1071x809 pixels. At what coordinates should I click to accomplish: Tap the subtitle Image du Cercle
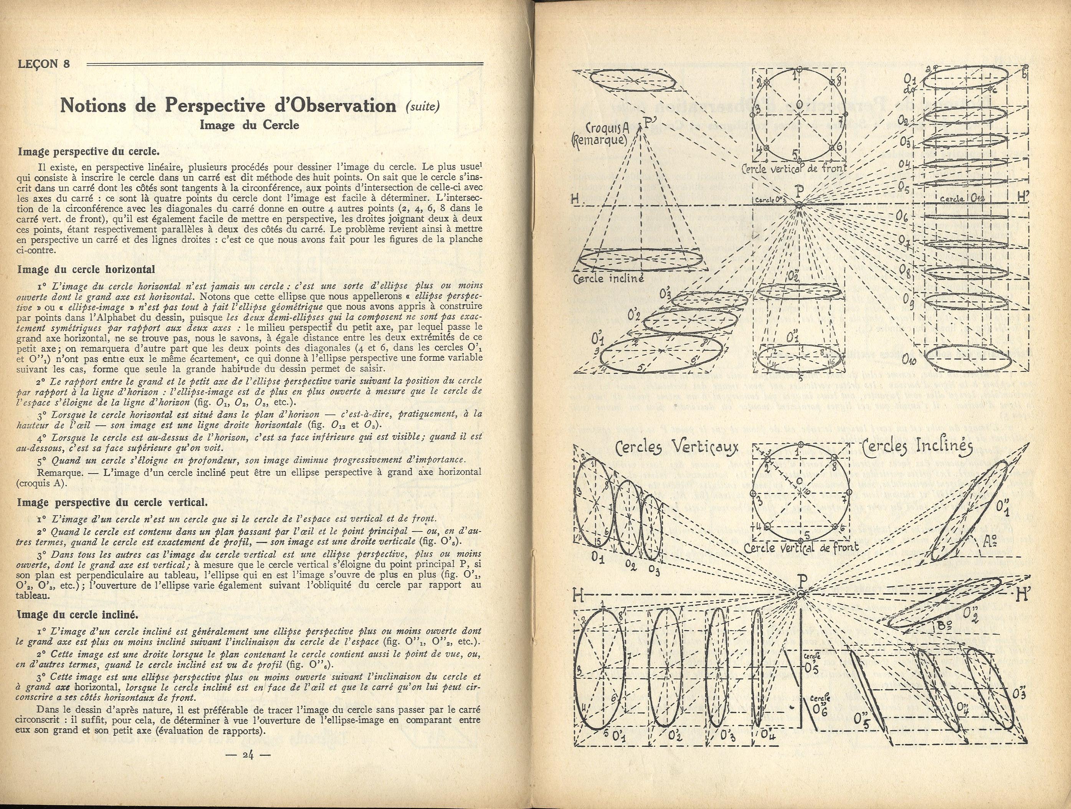pos(250,125)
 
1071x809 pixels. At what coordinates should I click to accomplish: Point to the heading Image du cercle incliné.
pos(78,615)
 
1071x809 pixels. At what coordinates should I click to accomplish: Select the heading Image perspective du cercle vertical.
pos(112,502)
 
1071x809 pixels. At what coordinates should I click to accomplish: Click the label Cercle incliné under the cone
pos(608,279)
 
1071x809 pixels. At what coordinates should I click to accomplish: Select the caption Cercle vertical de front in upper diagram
pos(794,168)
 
